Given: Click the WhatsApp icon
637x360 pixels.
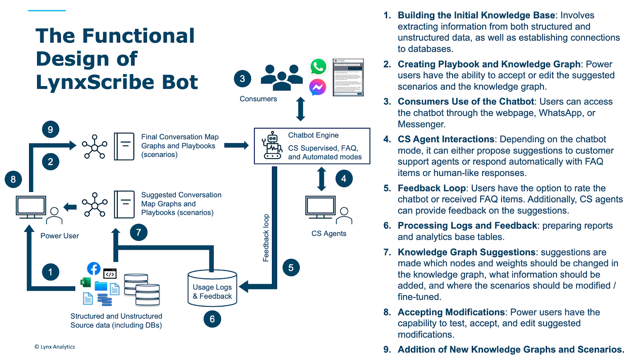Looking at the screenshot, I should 318,67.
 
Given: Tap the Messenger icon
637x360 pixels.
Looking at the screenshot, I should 318,87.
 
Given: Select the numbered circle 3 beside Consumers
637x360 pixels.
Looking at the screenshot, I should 242,79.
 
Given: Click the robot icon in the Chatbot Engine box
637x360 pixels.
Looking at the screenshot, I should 272,146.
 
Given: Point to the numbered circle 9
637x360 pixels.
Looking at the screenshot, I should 51,129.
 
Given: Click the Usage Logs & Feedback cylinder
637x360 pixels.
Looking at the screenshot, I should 212,289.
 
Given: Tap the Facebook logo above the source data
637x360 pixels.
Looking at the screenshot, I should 94,268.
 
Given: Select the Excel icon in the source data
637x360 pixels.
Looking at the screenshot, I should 85,283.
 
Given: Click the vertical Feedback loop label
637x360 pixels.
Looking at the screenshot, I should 266,238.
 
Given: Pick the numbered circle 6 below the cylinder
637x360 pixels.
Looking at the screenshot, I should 212,319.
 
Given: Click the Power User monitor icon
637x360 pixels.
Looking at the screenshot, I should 31,207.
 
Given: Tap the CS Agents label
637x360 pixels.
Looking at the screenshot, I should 329,234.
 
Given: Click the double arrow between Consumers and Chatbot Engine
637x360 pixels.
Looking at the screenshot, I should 301,109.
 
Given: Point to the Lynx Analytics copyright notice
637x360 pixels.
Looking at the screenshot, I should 55,347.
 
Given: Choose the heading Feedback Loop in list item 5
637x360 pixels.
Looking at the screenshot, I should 432,188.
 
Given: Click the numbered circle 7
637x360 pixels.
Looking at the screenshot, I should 139,232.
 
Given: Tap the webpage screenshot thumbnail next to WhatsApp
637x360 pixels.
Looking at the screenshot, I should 348,77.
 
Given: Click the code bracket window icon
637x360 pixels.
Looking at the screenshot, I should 110,274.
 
